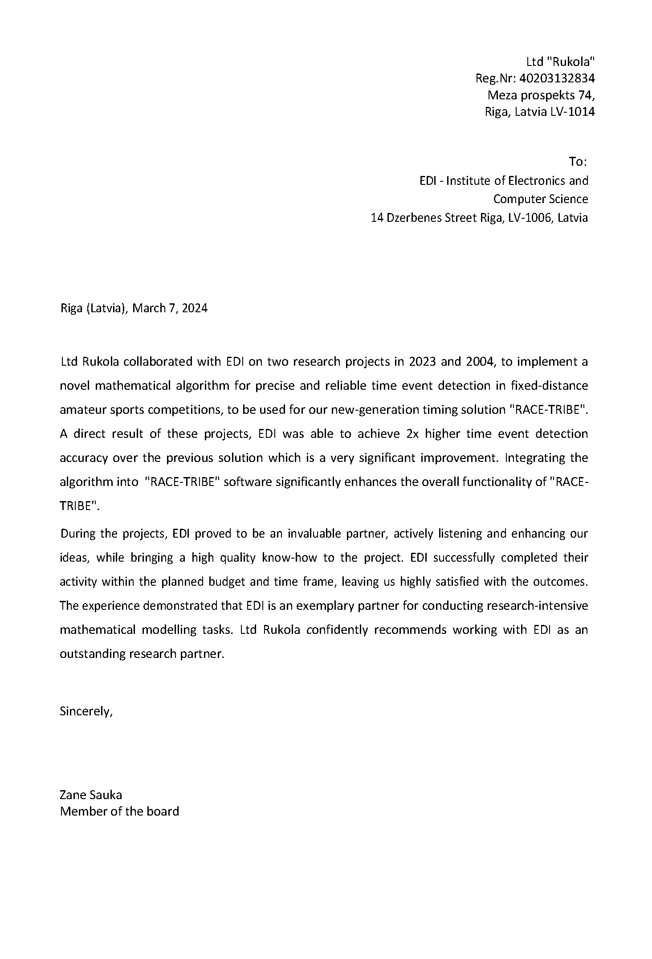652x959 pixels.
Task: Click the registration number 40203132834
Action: click(x=557, y=78)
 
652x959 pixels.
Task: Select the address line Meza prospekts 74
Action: click(x=541, y=95)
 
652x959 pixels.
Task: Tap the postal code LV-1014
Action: click(x=572, y=111)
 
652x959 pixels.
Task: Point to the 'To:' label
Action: click(x=578, y=162)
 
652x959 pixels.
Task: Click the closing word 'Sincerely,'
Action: click(x=86, y=711)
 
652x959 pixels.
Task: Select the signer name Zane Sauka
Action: click(x=91, y=795)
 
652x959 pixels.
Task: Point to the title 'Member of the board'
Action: click(x=119, y=811)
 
